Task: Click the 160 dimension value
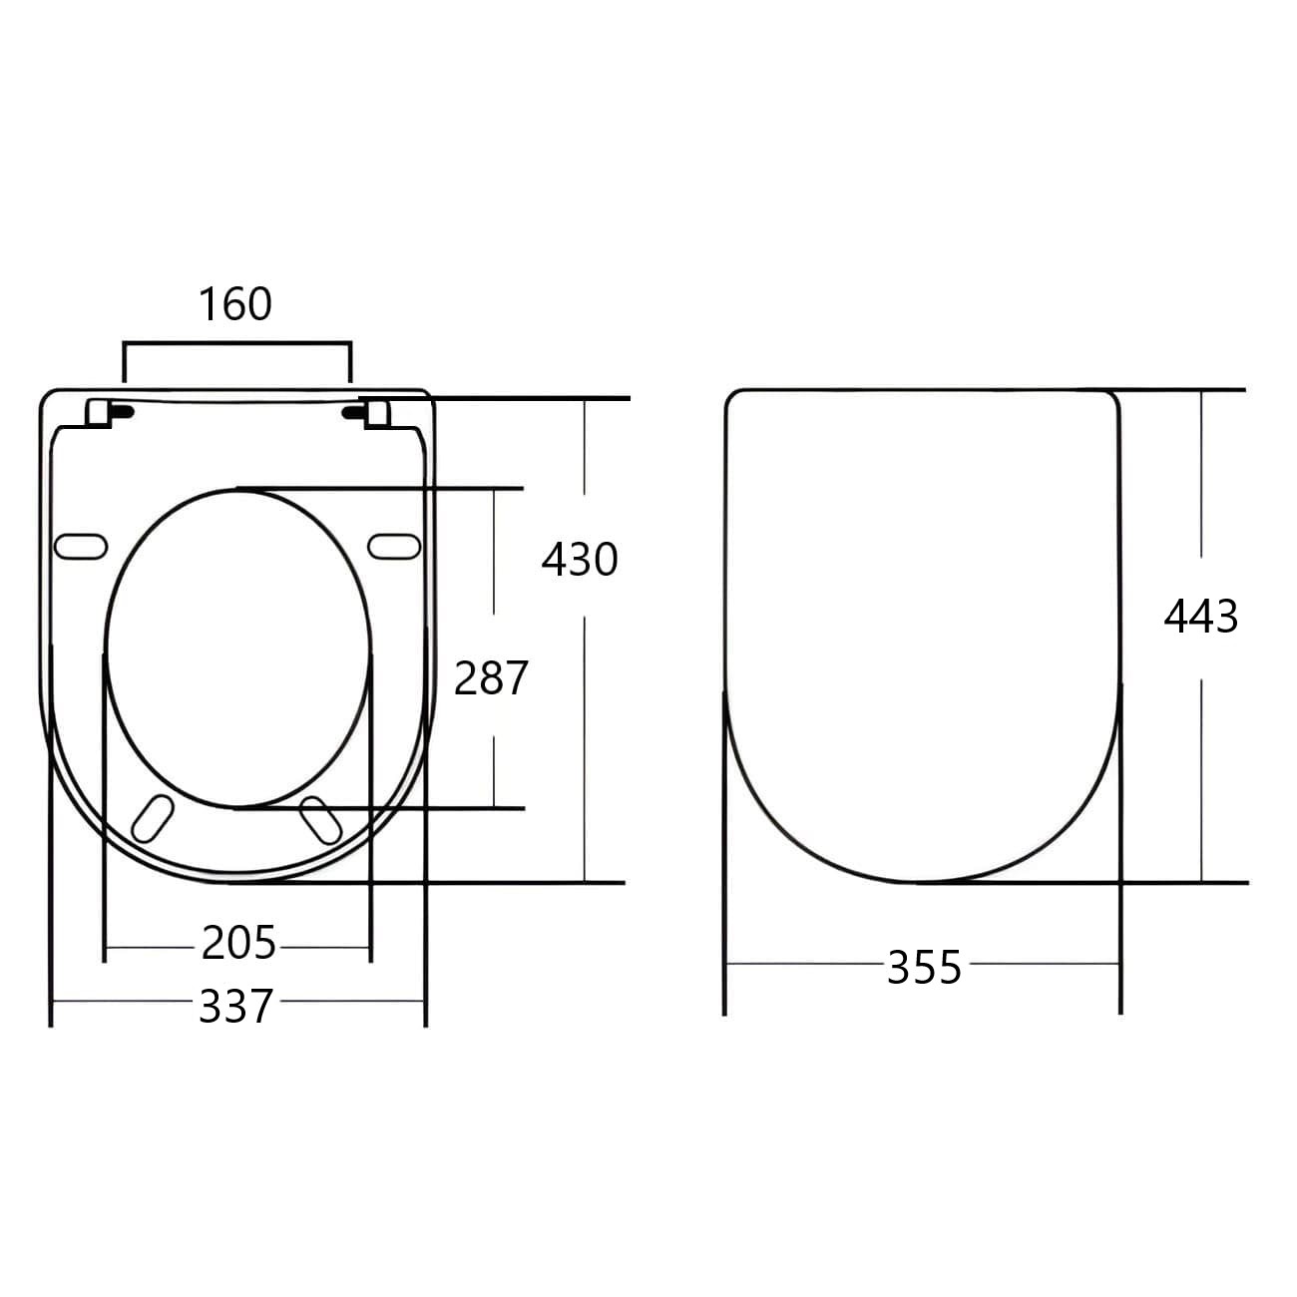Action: (235, 304)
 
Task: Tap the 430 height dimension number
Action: (580, 560)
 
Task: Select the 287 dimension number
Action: (491, 679)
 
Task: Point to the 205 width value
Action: (238, 943)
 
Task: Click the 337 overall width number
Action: (235, 1007)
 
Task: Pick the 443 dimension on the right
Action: (1200, 617)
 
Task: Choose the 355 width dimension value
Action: (924, 968)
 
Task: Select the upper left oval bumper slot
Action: (81, 546)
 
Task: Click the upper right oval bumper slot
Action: (394, 546)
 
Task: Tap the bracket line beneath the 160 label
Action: (236, 344)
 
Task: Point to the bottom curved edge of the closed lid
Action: (923, 881)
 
